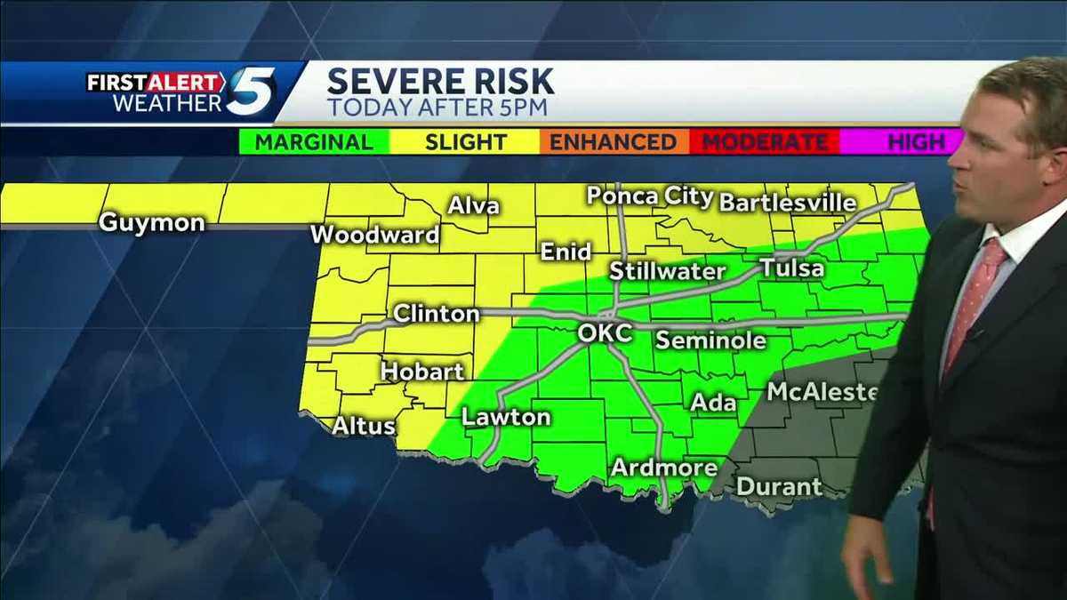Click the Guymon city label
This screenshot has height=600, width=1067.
pos(151,222)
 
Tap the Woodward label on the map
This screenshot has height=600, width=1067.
pos(375,236)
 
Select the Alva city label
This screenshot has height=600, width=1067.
pos(473,206)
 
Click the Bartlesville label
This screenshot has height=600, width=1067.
pos(787,203)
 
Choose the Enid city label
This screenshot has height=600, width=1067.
pos(566,252)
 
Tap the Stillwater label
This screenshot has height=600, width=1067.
pos(668,271)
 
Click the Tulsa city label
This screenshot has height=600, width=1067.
pos(791,268)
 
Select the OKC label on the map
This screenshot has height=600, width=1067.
pos(605,333)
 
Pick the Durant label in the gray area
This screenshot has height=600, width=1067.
pos(779,487)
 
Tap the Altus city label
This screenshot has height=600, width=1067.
pos(364,427)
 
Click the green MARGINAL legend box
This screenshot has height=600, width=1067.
pos(315,142)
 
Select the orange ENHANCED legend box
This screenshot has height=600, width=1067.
pos(614,142)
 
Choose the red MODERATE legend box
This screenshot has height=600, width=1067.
pos(764,142)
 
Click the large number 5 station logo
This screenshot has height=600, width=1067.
pos(249,92)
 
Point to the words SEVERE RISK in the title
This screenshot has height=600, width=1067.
pos(440,82)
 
